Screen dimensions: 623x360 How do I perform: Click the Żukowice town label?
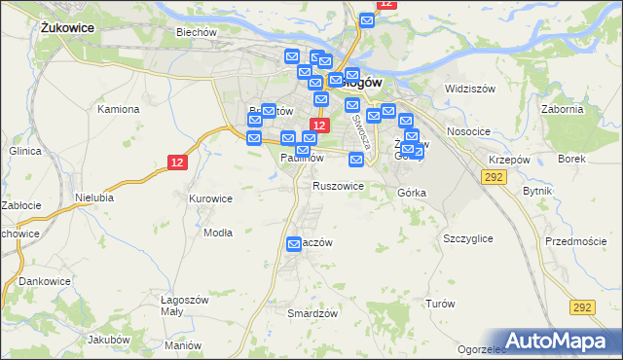pyautogui.click(x=68, y=28)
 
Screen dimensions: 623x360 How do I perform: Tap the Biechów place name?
pyautogui.click(x=195, y=32)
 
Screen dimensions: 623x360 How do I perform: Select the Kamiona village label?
pyautogui.click(x=118, y=109)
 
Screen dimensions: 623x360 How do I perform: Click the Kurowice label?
pyautogui.click(x=210, y=198)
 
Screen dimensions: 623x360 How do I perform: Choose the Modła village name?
pyautogui.click(x=217, y=233)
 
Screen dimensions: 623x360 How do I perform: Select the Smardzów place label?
pyautogui.click(x=312, y=313)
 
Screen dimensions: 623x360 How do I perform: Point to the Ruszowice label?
pyautogui.click(x=338, y=185)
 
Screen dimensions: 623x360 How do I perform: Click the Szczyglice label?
pyautogui.click(x=467, y=238)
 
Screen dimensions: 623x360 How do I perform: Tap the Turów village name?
pyautogui.click(x=440, y=304)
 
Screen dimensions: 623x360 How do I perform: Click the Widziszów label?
pyautogui.click(x=470, y=89)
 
